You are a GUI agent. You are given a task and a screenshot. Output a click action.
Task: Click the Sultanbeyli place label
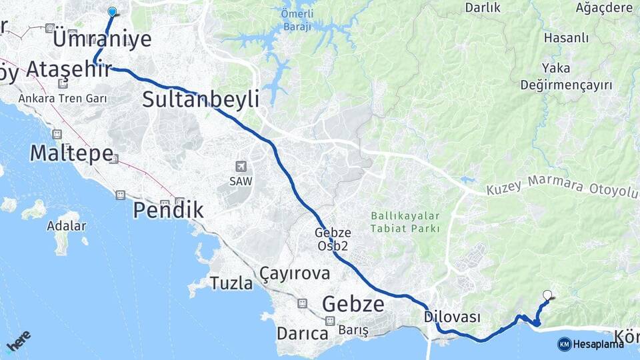click(x=200, y=100)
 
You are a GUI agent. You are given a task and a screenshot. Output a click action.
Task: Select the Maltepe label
click(x=71, y=153)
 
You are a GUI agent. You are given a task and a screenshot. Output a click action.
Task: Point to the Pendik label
click(x=168, y=210)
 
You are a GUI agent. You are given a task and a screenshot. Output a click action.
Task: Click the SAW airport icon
click(x=241, y=166)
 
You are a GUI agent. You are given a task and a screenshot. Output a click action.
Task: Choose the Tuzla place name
click(x=231, y=283)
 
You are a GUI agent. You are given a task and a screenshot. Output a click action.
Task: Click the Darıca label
click(x=302, y=333)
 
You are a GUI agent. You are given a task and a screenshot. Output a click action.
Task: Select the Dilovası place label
click(x=452, y=317)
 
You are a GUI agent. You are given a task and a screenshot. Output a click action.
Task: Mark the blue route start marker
click(x=112, y=11)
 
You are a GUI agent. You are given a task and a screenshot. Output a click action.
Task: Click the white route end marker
click(x=548, y=295)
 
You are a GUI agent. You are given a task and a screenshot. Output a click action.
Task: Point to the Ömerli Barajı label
click(x=297, y=19)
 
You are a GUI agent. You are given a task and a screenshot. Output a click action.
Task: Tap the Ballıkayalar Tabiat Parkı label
click(x=405, y=222)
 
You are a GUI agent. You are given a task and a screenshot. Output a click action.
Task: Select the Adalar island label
click(x=66, y=225)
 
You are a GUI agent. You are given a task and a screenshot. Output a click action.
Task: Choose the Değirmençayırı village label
click(x=557, y=85)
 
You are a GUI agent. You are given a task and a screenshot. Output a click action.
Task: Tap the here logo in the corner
click(x=18, y=341)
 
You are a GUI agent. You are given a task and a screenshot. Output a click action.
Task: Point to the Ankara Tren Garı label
click(x=55, y=99)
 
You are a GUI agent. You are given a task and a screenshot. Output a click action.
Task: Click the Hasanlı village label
click(x=566, y=38)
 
